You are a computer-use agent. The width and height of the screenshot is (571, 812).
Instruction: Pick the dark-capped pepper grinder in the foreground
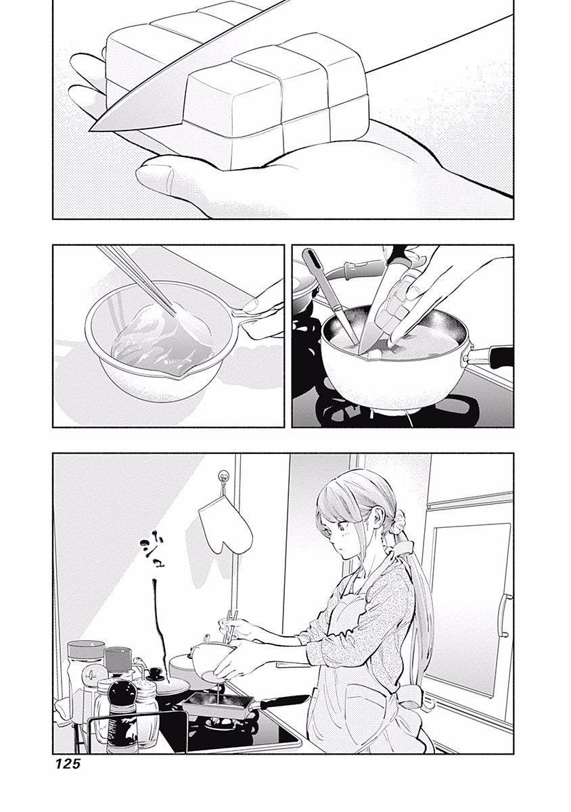point(123,717)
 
